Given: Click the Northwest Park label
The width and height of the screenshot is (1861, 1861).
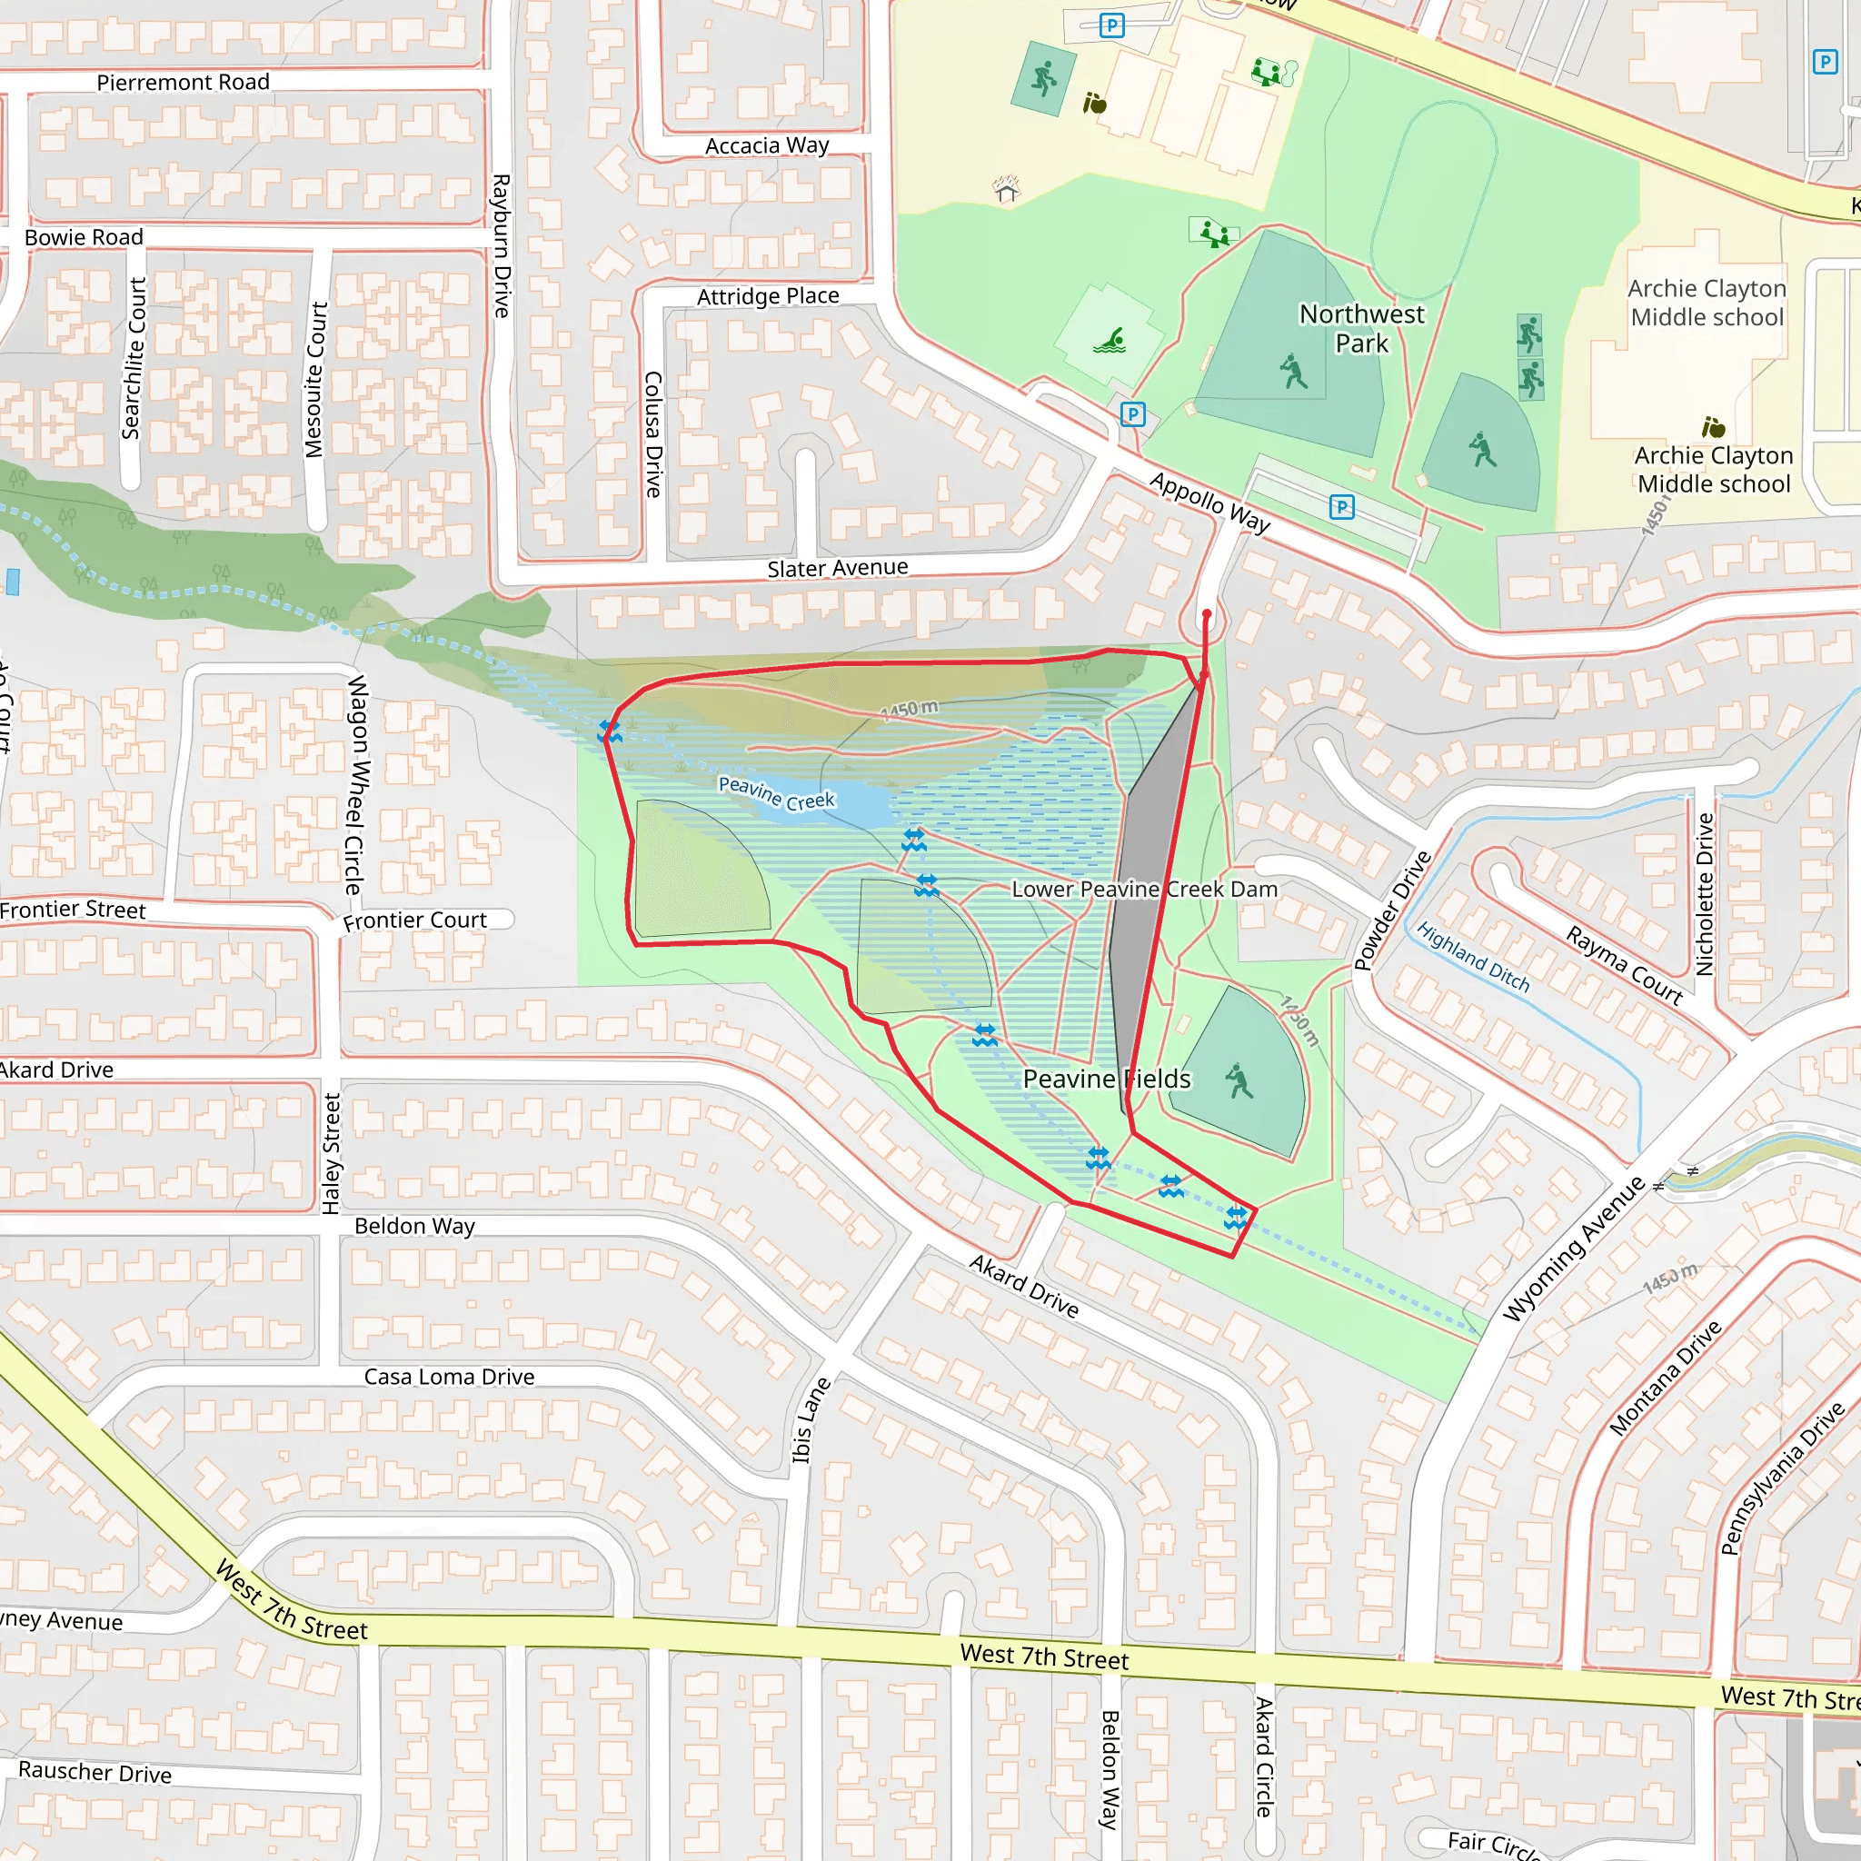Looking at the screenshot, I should [1361, 328].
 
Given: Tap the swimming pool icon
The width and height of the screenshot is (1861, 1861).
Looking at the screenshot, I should [1110, 341].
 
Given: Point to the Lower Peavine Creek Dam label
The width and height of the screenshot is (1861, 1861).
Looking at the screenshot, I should [1144, 889].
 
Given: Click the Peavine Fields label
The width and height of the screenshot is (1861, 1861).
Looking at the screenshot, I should [1106, 1079].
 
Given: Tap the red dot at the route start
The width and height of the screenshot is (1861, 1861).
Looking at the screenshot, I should [1207, 613].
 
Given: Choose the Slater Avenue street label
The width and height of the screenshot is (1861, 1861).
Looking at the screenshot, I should [837, 568].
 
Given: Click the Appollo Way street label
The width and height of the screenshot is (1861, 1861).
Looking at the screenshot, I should [1209, 502].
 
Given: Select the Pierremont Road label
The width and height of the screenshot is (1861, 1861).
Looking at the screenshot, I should [183, 83].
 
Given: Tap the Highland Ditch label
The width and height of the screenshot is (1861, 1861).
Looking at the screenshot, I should [1473, 957].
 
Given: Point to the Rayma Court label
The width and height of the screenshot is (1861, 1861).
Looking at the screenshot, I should [1624, 965].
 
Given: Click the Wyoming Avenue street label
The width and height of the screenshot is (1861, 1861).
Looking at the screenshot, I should [1573, 1249].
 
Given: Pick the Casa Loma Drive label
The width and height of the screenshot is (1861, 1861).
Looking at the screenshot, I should [449, 1377].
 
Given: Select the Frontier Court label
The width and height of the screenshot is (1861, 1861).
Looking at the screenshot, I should [415, 921].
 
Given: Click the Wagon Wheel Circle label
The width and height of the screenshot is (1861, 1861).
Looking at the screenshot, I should [355, 784].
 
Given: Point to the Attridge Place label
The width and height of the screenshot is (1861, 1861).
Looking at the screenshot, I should [768, 296].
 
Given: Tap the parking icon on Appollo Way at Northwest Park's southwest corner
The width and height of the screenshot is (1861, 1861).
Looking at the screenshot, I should [1133, 414].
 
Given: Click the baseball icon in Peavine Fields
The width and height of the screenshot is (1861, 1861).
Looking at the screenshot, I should [1239, 1081].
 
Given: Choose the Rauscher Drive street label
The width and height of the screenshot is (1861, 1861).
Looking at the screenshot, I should [95, 1771].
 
